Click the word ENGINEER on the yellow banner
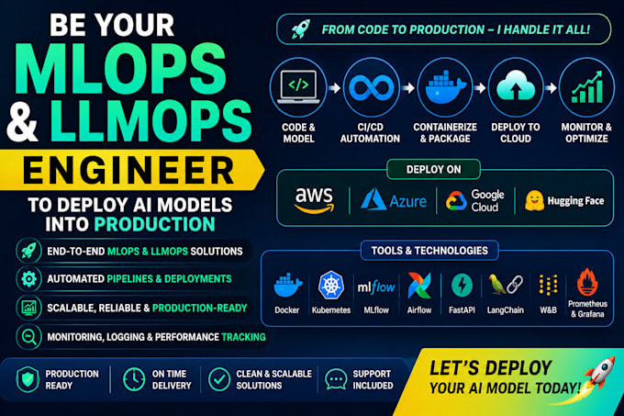128,170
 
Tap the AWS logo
314,200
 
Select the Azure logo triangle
373,199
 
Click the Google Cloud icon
456,200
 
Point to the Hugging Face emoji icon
534,200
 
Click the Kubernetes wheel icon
330,285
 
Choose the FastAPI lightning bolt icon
462,286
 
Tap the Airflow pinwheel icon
419,286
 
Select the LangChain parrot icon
496,285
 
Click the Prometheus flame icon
587,282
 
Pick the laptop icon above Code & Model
298,87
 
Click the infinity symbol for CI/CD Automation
372,87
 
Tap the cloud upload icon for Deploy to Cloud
516,85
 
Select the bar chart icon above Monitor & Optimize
587,87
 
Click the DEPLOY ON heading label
433,170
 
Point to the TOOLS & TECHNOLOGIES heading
429,251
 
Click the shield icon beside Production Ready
28,379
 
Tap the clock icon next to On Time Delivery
134,379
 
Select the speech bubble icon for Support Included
336,379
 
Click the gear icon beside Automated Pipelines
28,279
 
